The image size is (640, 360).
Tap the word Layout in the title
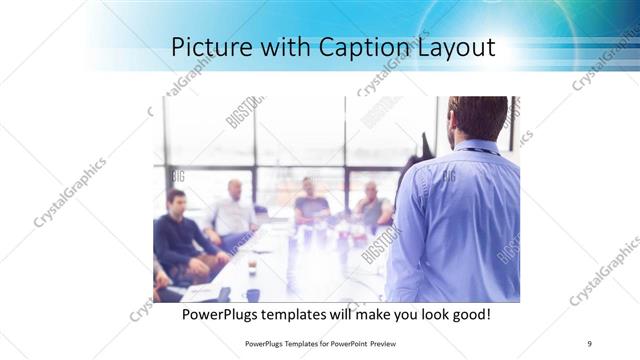455,47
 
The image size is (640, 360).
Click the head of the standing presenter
477,117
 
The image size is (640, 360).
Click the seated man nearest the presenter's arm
372,205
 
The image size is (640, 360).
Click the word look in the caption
425,315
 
